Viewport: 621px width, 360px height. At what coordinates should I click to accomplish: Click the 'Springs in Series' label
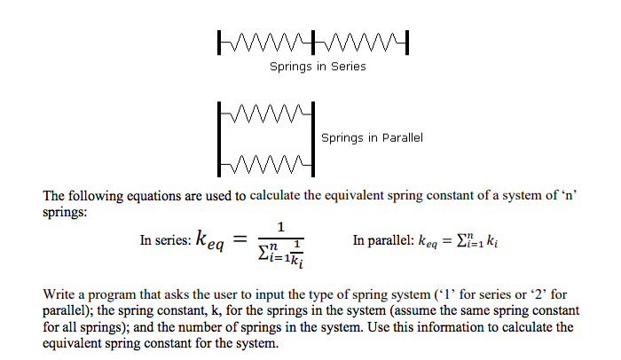coord(317,67)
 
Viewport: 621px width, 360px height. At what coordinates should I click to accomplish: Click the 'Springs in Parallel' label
coord(371,137)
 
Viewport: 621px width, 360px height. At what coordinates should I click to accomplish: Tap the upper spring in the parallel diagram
coord(266,113)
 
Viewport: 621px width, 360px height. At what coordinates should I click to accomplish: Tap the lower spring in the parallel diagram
coord(266,164)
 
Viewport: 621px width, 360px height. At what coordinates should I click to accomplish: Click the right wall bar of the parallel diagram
coord(314,138)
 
